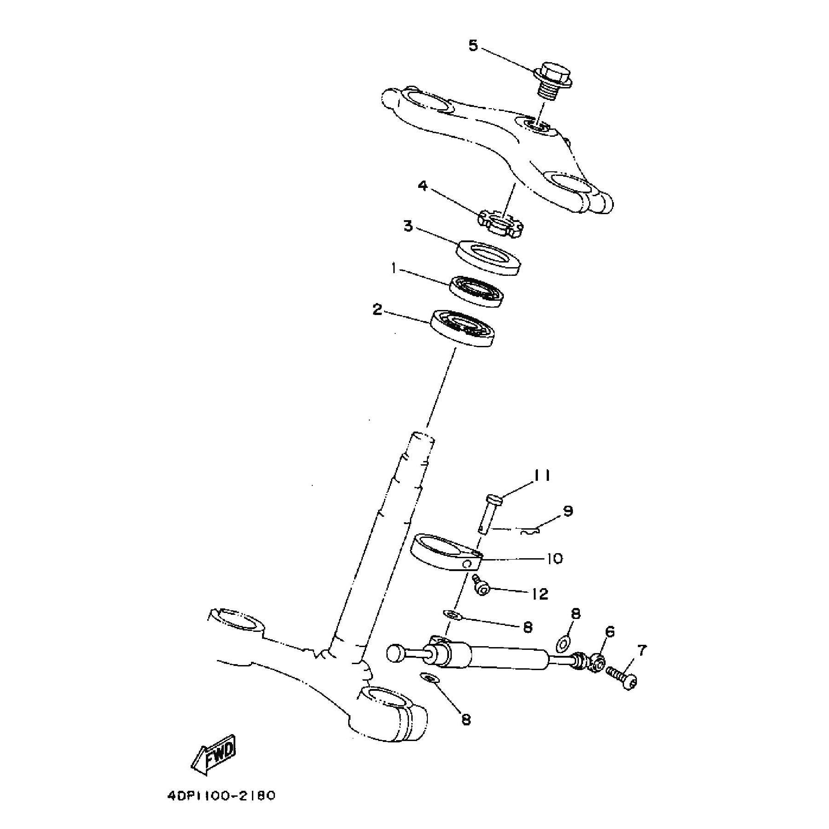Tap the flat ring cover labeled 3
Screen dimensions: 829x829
coord(488,257)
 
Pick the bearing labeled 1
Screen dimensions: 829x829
coord(476,292)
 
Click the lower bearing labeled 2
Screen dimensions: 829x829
coord(463,327)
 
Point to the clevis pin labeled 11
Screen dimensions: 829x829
coord(489,514)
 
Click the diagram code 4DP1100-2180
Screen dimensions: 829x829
coord(221,795)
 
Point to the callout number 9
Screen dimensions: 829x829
coord(567,511)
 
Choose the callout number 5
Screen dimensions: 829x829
coord(473,46)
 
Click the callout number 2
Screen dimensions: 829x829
coord(377,310)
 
